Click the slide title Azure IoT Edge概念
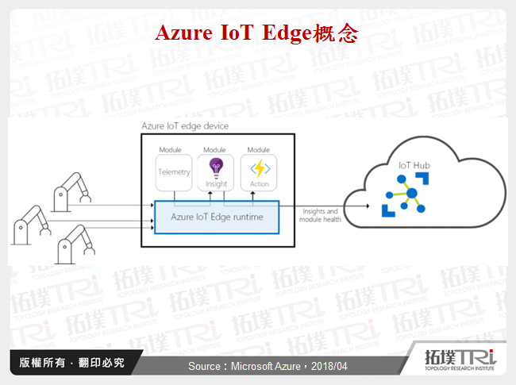257,34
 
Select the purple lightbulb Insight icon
216,167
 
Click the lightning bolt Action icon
260,167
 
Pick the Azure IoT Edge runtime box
217,217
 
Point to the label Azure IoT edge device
185,126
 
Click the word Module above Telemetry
171,150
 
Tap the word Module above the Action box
260,150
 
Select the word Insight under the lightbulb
216,184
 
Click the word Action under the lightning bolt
260,184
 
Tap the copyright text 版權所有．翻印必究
71,364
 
